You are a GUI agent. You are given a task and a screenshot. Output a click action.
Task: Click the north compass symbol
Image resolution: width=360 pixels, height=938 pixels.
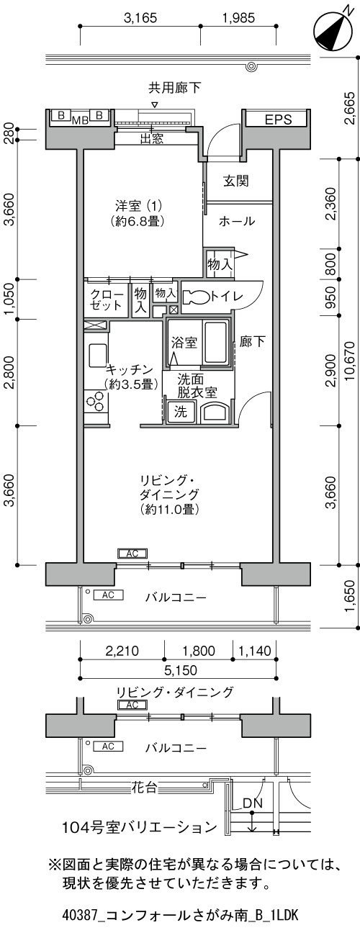pos(332,30)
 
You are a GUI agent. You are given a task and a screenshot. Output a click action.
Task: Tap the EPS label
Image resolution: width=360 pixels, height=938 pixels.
pos(278,119)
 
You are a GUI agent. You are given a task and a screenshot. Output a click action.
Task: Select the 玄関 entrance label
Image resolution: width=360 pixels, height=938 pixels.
pos(235,181)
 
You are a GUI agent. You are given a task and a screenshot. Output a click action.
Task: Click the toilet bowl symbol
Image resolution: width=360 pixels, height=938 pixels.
pos(195,297)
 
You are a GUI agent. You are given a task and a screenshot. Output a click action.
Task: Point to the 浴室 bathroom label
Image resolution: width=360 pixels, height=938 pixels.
pos(184,343)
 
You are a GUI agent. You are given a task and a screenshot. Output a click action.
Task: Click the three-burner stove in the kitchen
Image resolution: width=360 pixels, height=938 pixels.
pos(96,400)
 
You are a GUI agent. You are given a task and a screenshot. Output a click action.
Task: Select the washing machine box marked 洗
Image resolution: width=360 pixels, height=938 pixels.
pos(181,412)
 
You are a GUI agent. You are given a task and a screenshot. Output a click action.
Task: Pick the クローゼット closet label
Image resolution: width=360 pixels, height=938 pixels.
pos(107,299)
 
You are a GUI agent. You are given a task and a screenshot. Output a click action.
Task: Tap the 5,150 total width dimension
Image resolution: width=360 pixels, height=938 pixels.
pos(181,670)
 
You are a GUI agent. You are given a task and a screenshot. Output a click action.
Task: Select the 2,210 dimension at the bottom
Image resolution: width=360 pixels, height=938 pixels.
pos(122,651)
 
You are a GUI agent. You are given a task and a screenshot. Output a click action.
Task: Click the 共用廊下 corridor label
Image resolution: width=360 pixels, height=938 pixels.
pos(174,88)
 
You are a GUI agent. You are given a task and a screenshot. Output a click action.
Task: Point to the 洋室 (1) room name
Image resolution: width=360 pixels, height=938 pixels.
pos(138,206)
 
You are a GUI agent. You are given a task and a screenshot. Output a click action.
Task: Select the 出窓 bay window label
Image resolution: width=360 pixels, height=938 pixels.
pos(151,139)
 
